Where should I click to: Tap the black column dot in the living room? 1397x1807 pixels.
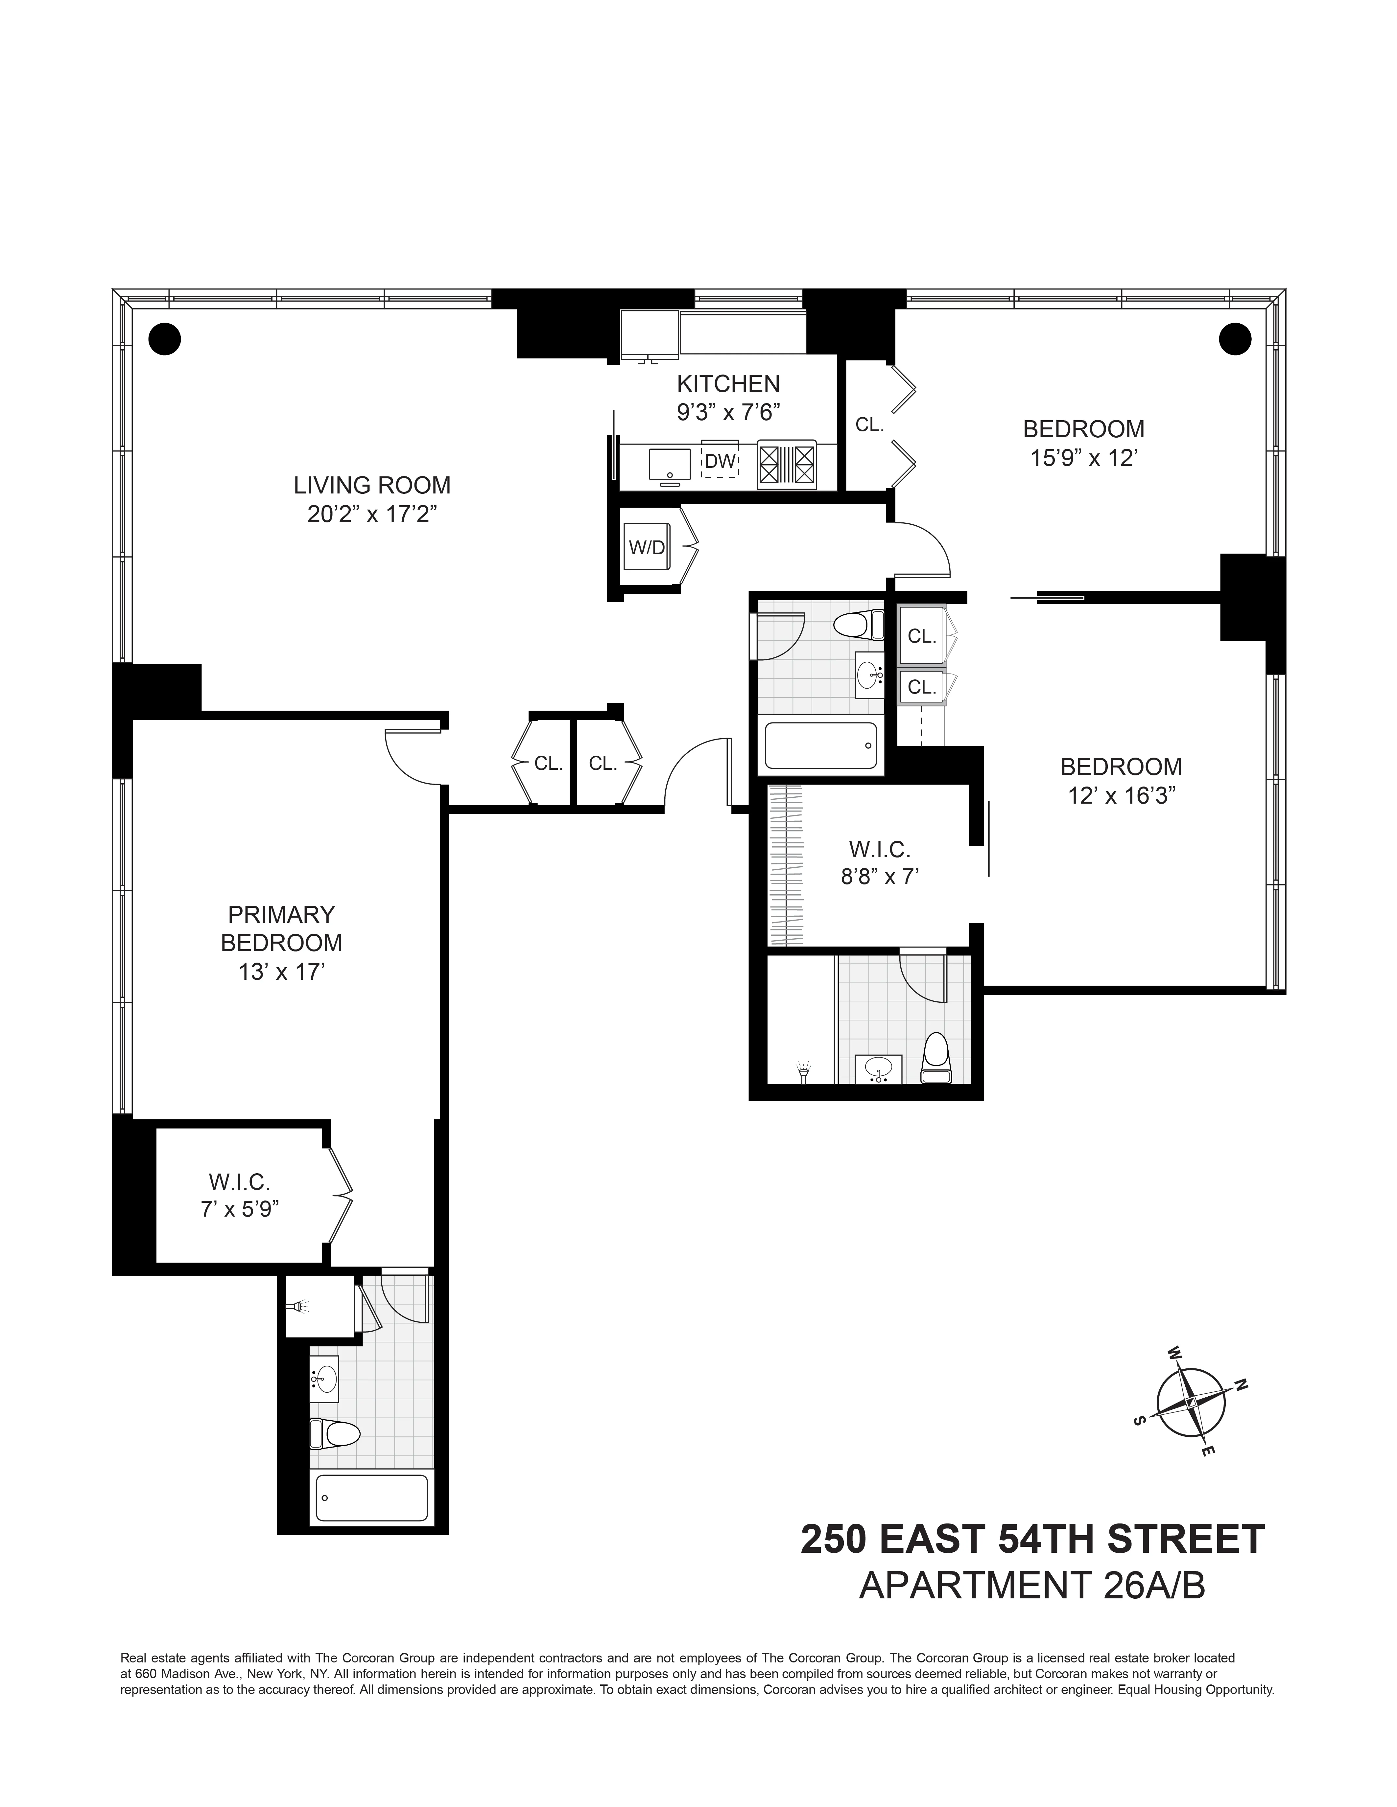165,337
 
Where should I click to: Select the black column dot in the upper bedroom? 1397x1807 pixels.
1235,337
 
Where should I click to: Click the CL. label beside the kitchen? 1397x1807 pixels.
870,425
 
